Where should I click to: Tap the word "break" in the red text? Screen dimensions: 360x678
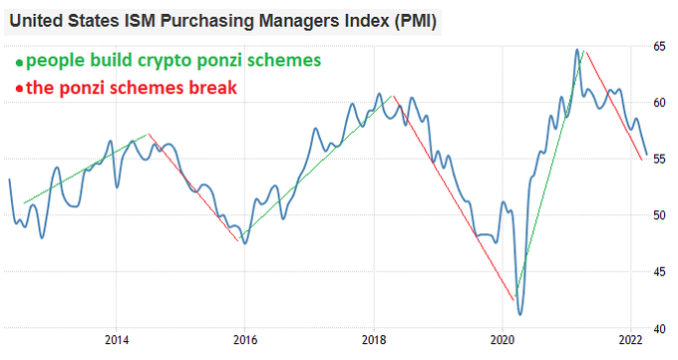212,88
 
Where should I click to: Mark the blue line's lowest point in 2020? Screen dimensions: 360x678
519,314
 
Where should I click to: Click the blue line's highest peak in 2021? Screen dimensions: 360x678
577,49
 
